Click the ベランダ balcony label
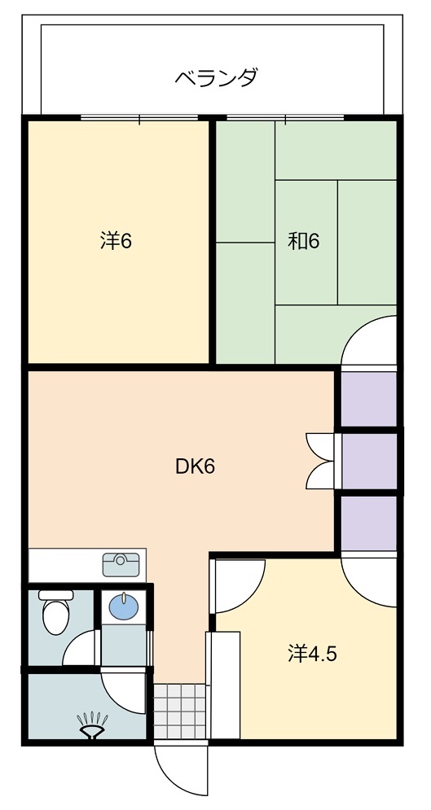coord(215,78)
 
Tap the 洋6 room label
coord(117,241)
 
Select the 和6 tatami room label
coord(304,241)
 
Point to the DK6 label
coord(195,466)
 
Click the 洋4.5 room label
coord(313,654)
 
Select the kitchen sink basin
coord(121,564)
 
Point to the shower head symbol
coord(93,725)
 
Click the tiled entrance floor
coord(180,711)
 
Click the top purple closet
coord(369,399)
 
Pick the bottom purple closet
coord(369,523)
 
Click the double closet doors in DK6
coord(320,461)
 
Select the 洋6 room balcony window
coord(139,118)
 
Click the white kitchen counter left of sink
coord(65,565)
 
